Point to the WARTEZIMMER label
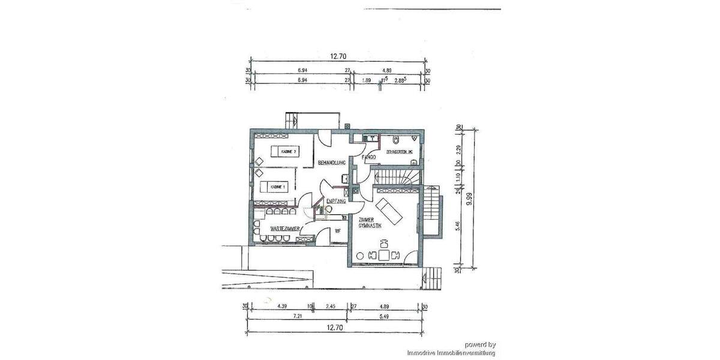click(x=285, y=229)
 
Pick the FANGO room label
click(x=368, y=157)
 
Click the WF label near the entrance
click(x=338, y=230)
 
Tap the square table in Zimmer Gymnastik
click(x=383, y=255)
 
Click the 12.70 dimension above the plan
click(x=338, y=56)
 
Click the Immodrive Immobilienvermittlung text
click(x=451, y=353)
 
